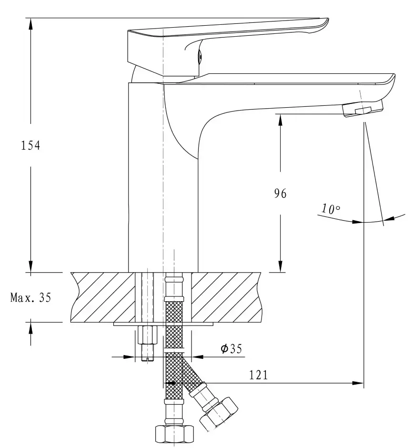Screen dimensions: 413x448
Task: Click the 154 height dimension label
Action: (30, 145)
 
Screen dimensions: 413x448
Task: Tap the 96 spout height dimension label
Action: (280, 193)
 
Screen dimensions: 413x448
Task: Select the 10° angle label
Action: (331, 209)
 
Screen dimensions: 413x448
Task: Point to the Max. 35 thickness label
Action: (30, 297)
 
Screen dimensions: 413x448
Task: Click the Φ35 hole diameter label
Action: (232, 348)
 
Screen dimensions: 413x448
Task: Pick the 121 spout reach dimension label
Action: (259, 375)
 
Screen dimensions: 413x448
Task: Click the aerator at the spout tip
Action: (362, 109)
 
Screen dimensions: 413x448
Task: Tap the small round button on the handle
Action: (200, 56)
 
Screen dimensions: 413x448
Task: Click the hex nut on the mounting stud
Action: (147, 335)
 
